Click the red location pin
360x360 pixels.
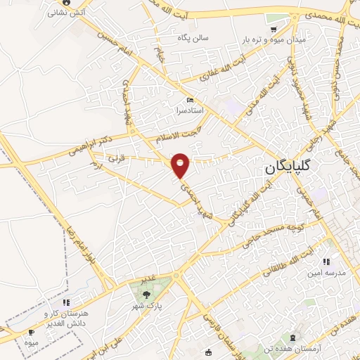[181, 165]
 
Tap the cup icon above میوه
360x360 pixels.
[32, 331]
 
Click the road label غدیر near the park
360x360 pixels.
[147, 279]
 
